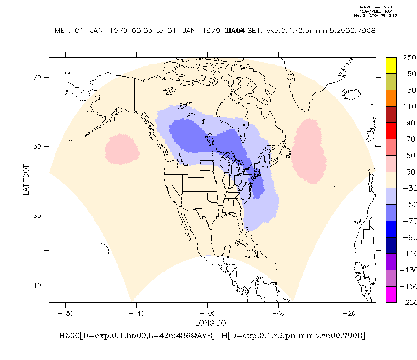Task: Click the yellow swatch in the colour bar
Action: pyautogui.click(x=391, y=66)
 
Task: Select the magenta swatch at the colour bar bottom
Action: pyautogui.click(x=391, y=294)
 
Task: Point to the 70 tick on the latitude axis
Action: pyautogui.click(x=38, y=77)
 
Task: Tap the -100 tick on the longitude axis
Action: pyautogui.click(x=207, y=313)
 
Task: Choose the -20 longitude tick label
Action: pyautogui.click(x=349, y=313)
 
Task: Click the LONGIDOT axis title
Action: pyautogui.click(x=212, y=323)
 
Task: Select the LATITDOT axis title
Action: pyautogui.click(x=26, y=180)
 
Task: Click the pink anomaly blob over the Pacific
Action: pyautogui.click(x=122, y=149)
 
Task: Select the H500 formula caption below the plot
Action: pyautogui.click(x=212, y=336)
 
